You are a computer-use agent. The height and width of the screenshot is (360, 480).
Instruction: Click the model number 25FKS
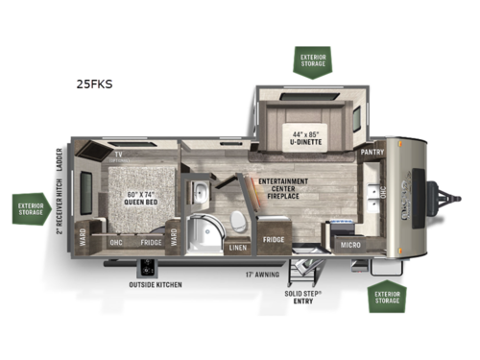click(x=94, y=84)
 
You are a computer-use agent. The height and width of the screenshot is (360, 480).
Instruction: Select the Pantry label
click(x=372, y=152)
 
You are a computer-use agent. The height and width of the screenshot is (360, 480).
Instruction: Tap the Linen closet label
click(x=236, y=248)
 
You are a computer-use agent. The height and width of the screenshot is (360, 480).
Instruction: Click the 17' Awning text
click(x=260, y=274)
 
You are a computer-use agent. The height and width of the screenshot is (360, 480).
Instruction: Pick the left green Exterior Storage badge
click(x=32, y=208)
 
